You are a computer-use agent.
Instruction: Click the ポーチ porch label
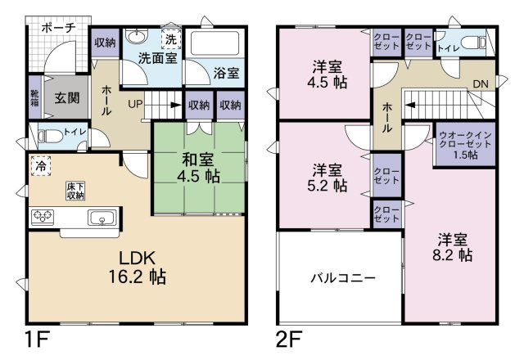click(59, 28)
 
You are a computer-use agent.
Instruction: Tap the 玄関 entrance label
click(67, 98)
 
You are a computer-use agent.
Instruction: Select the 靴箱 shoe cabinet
click(34, 97)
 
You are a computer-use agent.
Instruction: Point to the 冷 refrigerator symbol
click(41, 166)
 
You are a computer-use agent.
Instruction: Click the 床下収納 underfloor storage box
click(75, 191)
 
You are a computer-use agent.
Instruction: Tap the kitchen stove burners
click(43, 216)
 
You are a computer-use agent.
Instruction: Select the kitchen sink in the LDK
click(102, 218)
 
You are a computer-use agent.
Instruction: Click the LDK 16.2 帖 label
click(138, 268)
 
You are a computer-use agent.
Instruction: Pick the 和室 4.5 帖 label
click(198, 168)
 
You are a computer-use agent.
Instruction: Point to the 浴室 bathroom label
click(226, 73)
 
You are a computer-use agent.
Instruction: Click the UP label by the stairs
click(135, 104)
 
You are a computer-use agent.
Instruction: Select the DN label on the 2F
click(481, 84)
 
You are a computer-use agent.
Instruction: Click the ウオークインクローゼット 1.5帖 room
click(465, 144)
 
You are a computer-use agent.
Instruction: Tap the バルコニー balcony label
click(343, 278)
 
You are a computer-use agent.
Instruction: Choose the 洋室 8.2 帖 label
click(453, 247)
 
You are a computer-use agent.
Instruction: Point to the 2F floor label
click(289, 339)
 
